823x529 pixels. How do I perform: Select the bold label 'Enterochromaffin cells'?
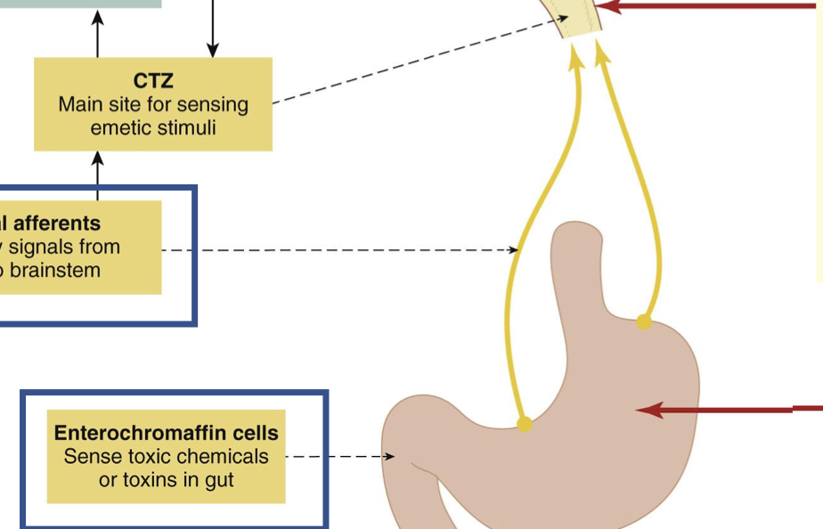click(167, 434)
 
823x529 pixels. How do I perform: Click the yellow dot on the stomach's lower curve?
click(524, 424)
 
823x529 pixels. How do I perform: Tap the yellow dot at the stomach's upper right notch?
click(644, 321)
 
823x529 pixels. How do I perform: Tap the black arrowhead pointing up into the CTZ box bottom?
click(98, 158)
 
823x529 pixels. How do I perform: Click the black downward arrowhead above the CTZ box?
click(212, 50)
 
